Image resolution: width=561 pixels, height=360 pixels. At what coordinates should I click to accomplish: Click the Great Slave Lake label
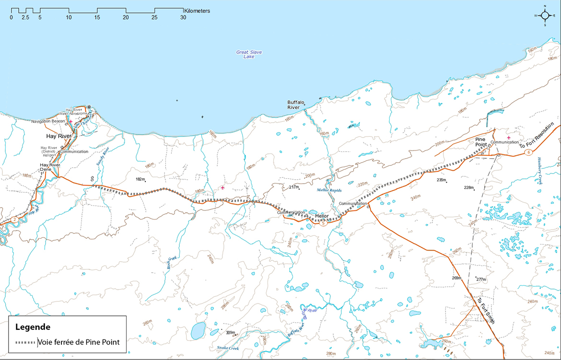click(249, 54)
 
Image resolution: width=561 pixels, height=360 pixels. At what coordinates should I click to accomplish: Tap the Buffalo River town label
click(296, 105)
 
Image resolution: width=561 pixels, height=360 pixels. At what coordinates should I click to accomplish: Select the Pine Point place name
click(481, 141)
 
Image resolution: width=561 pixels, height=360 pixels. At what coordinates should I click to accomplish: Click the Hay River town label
click(62, 137)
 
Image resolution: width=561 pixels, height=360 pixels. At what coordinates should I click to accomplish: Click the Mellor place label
click(321, 216)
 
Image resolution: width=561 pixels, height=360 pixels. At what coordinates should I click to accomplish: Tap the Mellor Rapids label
click(329, 190)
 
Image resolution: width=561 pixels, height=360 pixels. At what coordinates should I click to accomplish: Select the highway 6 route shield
click(528, 152)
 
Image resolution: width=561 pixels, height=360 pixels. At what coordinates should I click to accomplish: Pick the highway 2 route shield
click(15, 220)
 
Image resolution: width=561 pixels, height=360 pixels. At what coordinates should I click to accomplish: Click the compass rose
click(545, 15)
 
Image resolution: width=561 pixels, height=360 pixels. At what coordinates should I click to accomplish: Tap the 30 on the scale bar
click(183, 17)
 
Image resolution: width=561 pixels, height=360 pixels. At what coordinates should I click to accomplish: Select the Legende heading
click(33, 327)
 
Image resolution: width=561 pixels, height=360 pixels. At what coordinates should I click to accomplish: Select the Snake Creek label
click(227, 347)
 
